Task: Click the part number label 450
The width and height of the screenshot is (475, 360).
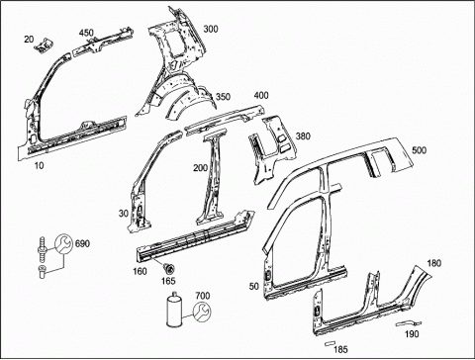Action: coord(86,34)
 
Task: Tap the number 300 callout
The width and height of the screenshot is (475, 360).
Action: coord(211,29)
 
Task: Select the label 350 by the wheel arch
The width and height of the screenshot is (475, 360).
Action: coord(223,97)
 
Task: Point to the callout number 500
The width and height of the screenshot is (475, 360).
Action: coord(419,150)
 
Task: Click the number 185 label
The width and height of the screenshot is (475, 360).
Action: coord(340,349)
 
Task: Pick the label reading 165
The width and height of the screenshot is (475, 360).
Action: coord(168,281)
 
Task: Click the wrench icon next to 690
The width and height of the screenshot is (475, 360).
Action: coord(62,243)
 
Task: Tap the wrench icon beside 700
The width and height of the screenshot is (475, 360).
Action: coord(202,313)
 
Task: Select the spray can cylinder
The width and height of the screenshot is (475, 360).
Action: coord(175,311)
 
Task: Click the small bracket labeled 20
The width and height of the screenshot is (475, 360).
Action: coord(44,46)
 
